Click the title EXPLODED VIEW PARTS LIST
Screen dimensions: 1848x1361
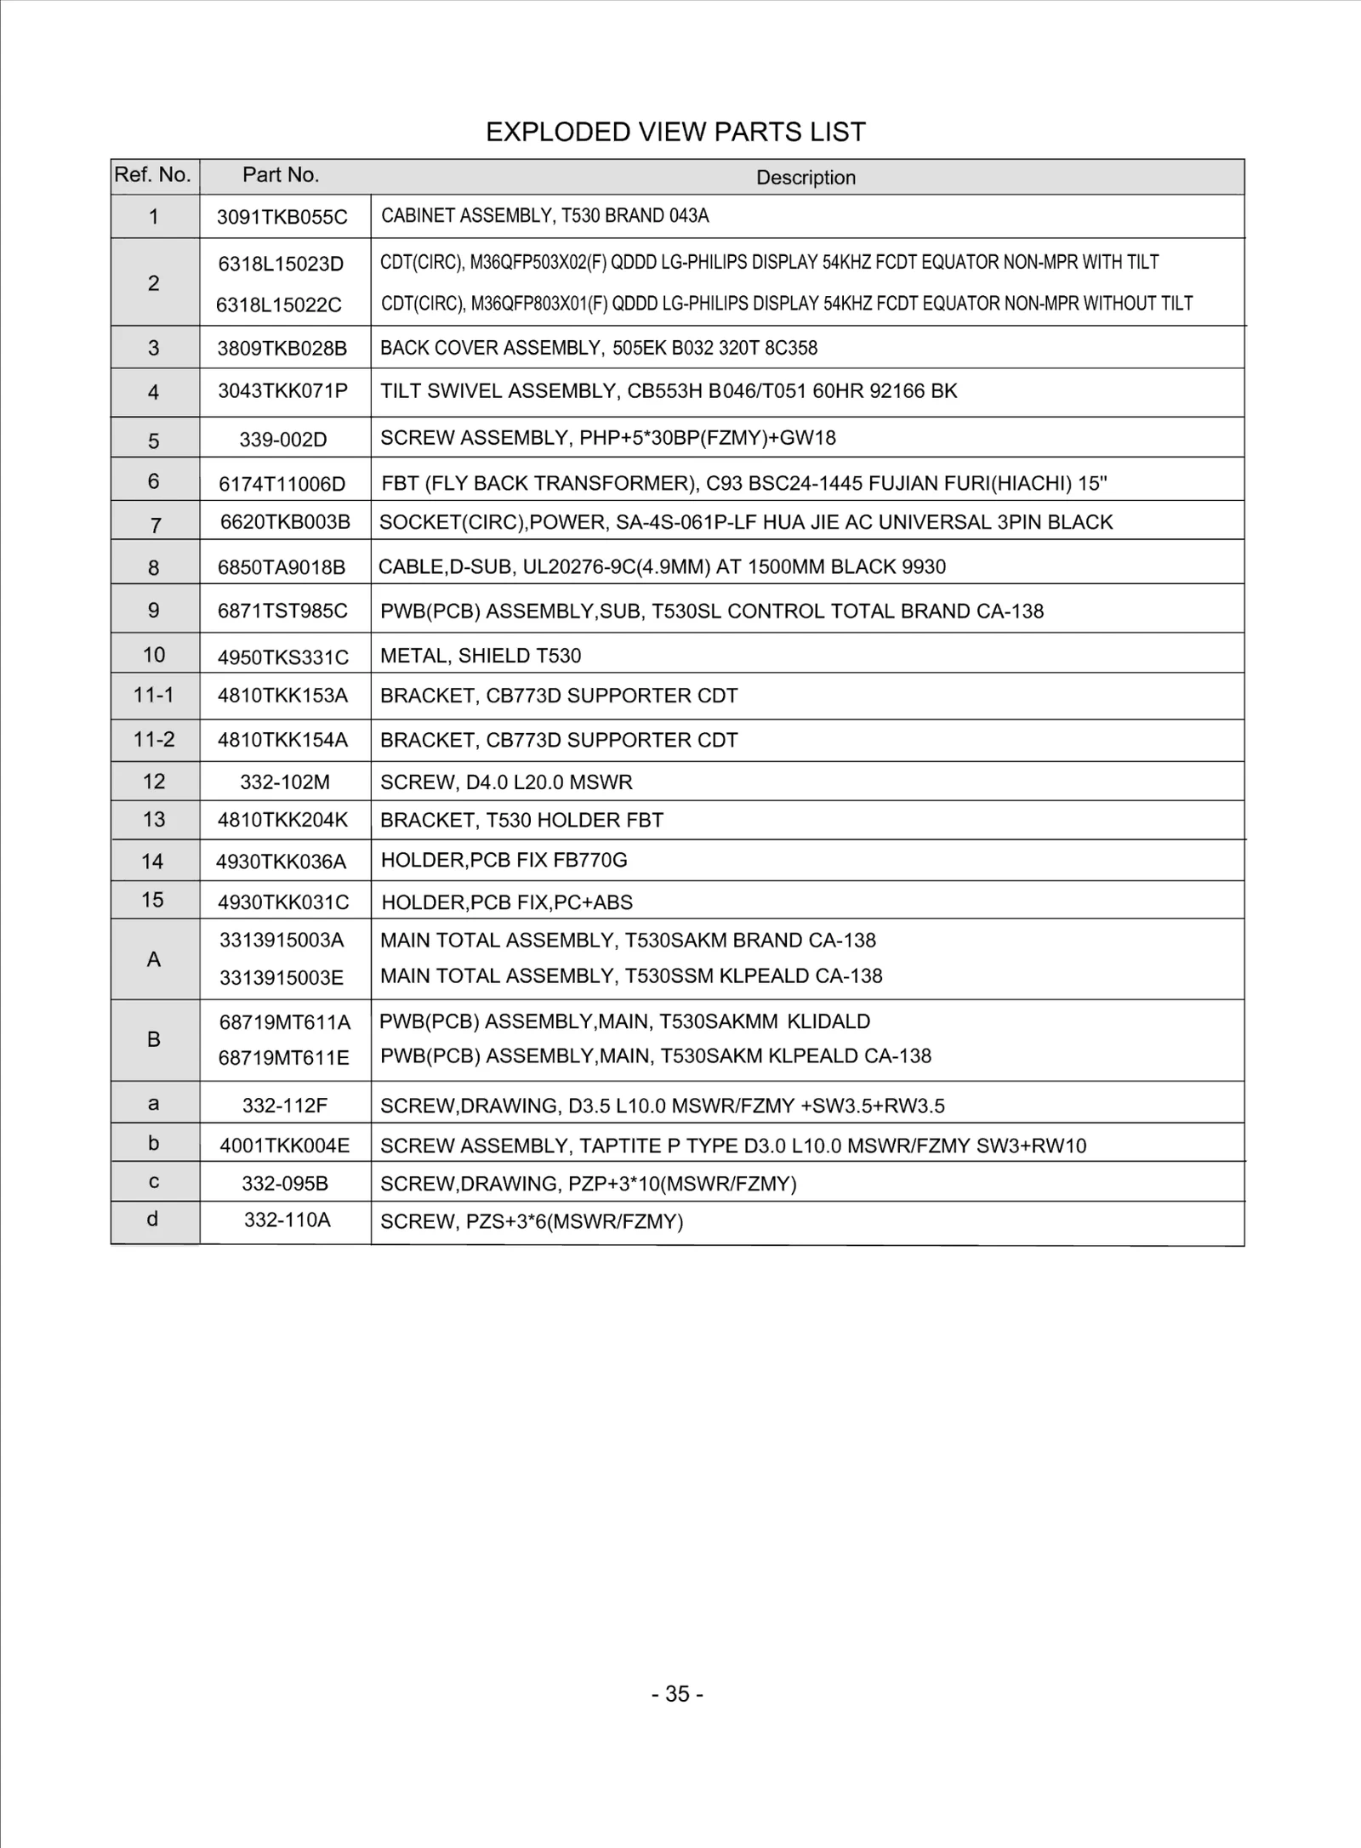point(675,132)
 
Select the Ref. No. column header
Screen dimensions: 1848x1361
point(152,175)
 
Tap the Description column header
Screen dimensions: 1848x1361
point(806,178)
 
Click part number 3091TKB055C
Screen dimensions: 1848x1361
point(282,217)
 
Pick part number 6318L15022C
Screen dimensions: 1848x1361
point(278,305)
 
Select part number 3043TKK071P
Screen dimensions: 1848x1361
point(282,391)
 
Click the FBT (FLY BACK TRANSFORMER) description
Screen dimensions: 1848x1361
point(743,484)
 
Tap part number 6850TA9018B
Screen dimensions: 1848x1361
point(282,568)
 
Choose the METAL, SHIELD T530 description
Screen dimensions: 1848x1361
point(481,656)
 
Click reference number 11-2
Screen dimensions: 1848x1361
point(154,740)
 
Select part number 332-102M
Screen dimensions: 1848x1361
point(285,782)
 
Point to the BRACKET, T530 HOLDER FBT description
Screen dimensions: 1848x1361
point(521,820)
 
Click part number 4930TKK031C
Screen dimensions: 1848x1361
point(282,902)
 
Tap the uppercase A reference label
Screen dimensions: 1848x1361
point(154,959)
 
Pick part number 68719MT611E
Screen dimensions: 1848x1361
point(283,1058)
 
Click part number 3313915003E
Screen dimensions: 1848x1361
point(282,978)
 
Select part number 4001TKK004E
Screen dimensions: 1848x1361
point(284,1146)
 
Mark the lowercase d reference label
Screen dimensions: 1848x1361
point(153,1220)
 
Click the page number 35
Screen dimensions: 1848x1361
point(677,1694)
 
